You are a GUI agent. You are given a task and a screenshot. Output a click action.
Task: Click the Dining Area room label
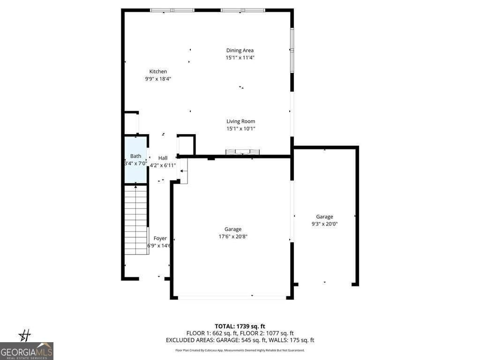[240, 51]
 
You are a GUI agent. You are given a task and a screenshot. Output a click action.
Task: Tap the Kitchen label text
[158, 72]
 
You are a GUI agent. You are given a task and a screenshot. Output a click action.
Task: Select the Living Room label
[240, 121]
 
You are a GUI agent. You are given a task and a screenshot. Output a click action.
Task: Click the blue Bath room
[135, 159]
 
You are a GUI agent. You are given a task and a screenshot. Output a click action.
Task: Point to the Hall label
[163, 158]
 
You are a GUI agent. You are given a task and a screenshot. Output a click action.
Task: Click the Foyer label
[160, 239]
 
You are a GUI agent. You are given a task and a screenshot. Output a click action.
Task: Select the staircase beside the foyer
[136, 219]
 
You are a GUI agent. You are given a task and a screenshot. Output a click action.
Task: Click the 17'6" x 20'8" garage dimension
[233, 237]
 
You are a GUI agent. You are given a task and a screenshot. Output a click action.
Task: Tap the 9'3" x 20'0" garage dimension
[324, 224]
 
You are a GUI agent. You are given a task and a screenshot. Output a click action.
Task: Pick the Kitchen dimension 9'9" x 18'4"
[158, 79]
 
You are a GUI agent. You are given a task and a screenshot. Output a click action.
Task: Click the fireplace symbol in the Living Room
[243, 152]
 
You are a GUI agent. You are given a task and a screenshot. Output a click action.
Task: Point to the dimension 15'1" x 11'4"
[240, 58]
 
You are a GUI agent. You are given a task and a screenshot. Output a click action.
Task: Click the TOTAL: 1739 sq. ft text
[240, 326]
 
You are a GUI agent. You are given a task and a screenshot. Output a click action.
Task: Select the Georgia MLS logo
[27, 351]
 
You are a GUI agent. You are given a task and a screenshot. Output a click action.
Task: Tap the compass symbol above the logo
[24, 335]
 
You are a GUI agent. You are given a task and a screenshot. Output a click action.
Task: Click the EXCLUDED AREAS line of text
[240, 340]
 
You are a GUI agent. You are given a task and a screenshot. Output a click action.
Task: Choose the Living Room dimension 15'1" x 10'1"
[240, 128]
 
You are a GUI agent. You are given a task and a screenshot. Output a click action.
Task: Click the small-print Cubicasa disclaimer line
[240, 350]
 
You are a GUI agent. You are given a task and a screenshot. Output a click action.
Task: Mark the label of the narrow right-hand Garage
[324, 217]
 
